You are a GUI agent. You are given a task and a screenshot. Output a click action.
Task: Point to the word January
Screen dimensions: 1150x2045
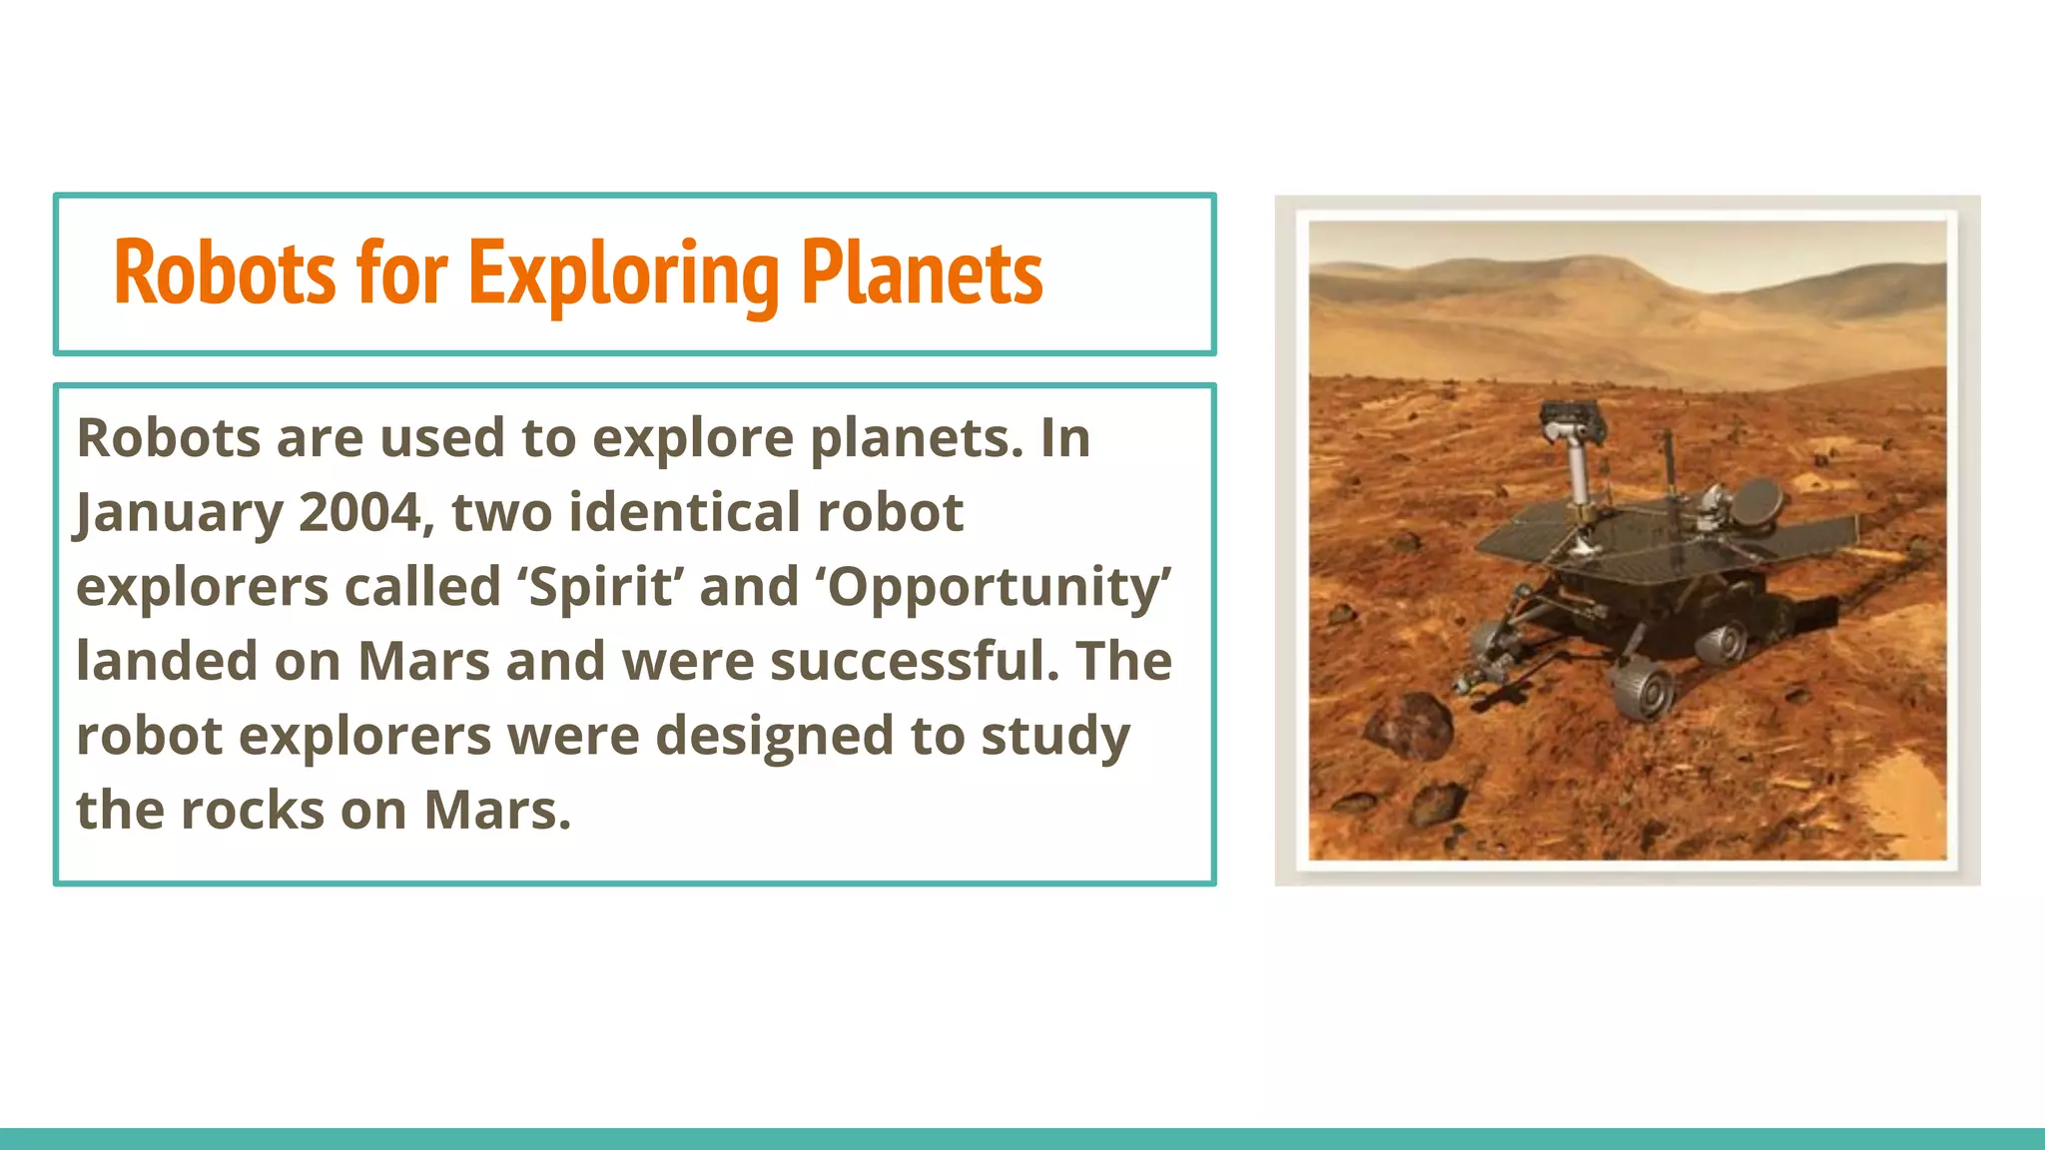[179, 512]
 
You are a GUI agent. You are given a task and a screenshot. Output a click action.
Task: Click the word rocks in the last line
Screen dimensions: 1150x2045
[252, 810]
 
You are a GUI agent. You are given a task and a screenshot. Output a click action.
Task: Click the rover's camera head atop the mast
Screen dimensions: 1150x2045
[1572, 420]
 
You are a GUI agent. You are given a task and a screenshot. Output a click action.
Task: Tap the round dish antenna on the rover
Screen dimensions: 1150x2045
[1756, 501]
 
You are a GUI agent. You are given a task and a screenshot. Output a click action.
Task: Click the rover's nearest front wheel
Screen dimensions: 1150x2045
[1642, 690]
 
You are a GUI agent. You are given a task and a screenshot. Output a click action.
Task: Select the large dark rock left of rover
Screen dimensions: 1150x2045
[1409, 722]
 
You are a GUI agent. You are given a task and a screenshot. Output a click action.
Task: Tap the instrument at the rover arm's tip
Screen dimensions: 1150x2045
[1469, 679]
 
